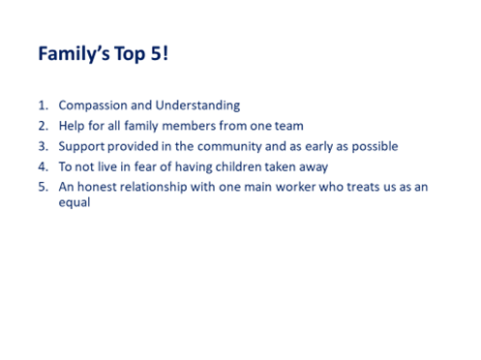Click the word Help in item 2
pyautogui.click(x=74, y=126)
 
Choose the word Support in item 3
pyautogui.click(x=83, y=146)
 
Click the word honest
pyautogui.click(x=100, y=187)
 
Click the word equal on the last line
pyautogui.click(x=75, y=203)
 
